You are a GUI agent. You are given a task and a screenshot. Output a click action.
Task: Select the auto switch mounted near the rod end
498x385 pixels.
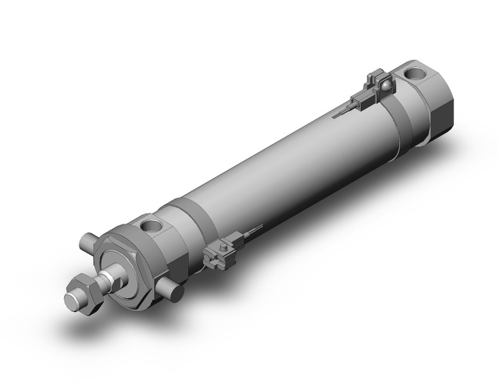pyautogui.click(x=221, y=252)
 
